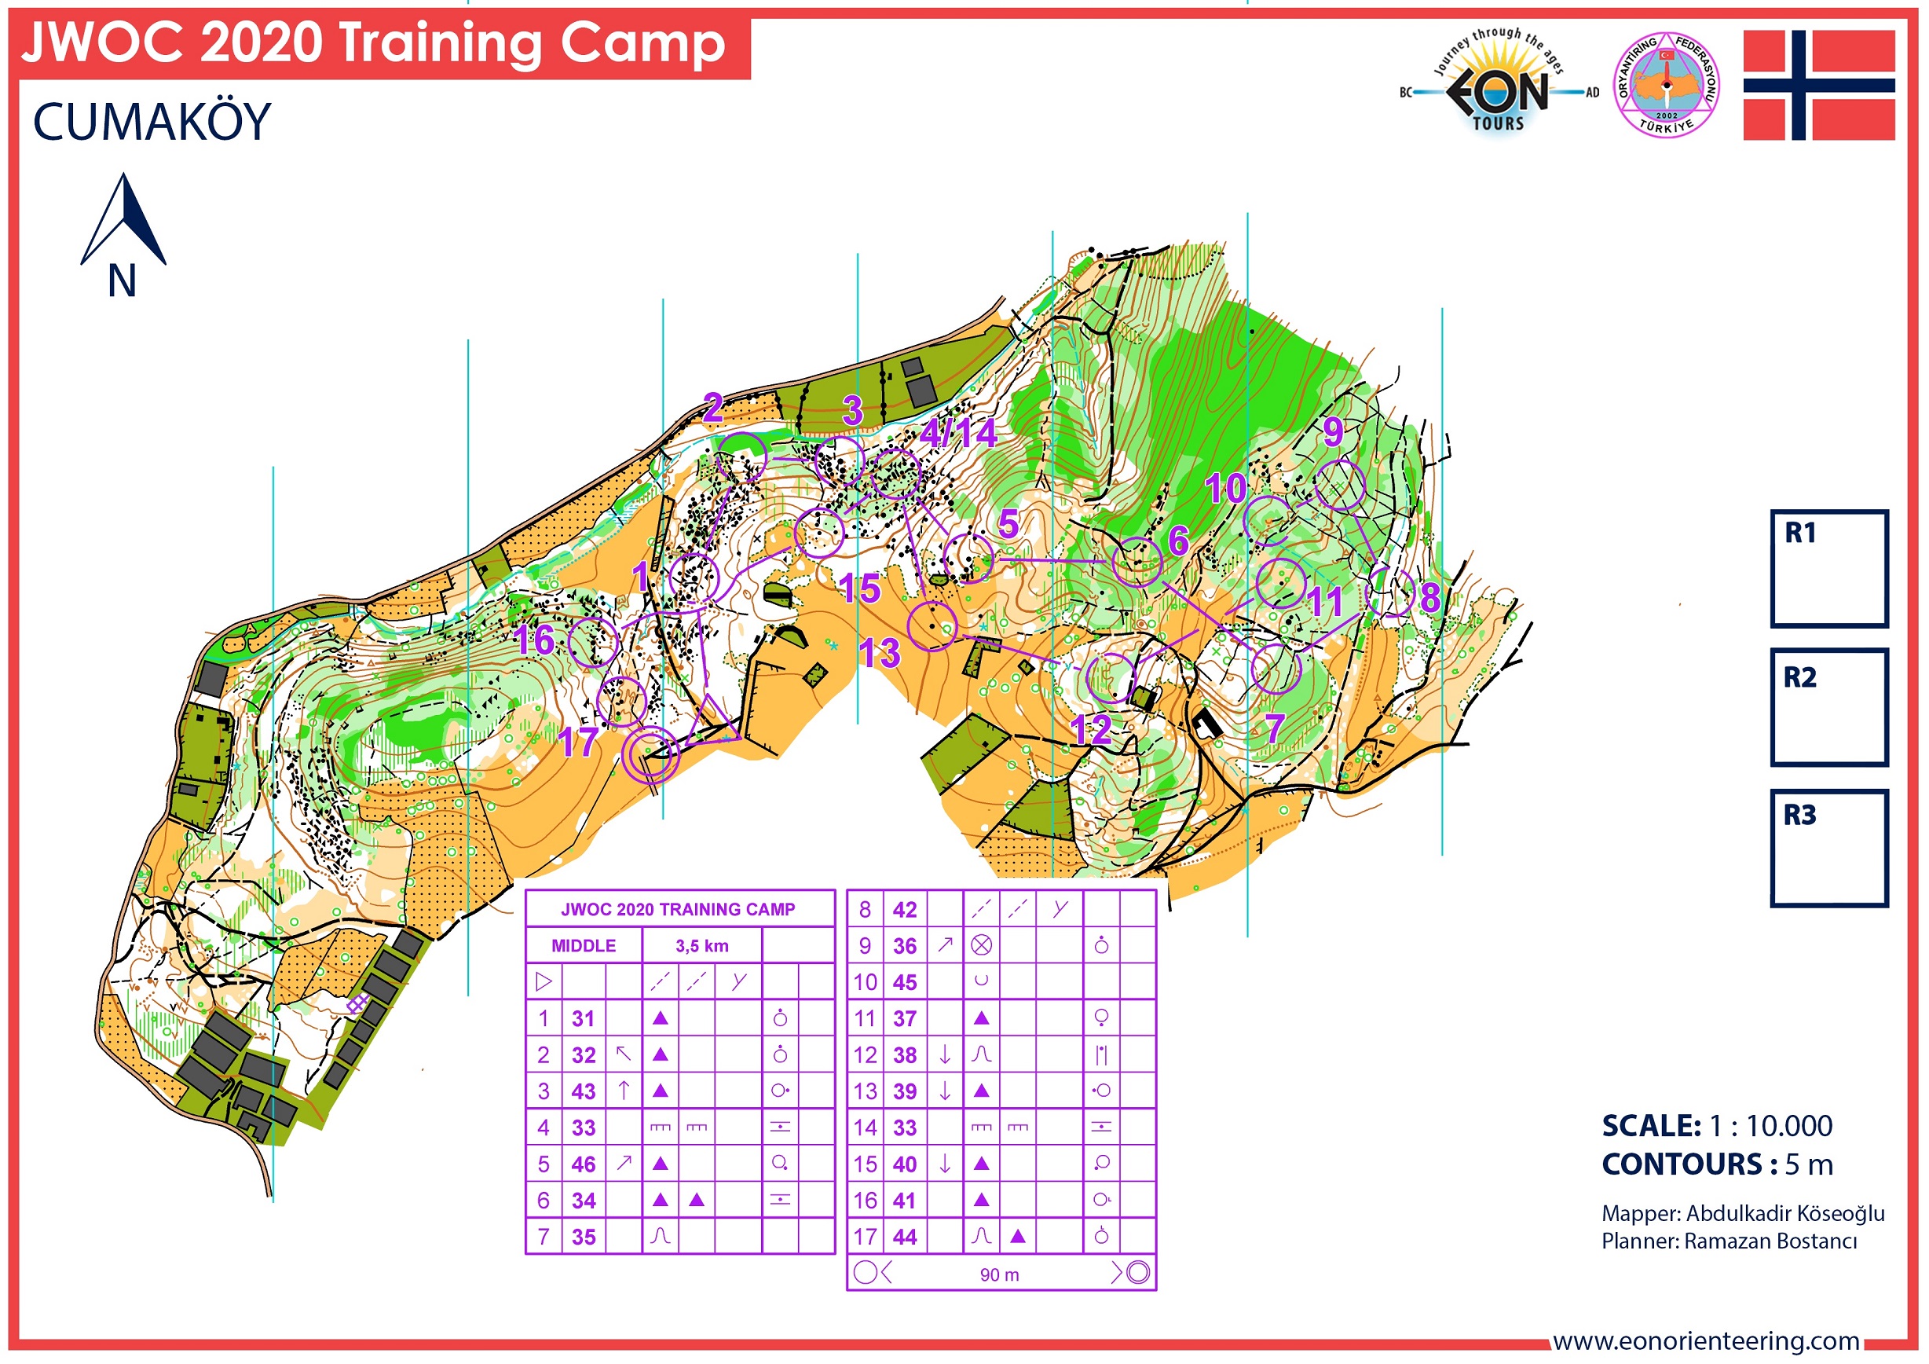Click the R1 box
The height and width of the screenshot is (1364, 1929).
coord(1828,569)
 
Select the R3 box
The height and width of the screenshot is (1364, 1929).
coord(1828,847)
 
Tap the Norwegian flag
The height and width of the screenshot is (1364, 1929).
coord(1818,85)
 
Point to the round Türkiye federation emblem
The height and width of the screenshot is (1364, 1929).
coord(1666,85)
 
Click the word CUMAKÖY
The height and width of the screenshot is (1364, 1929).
coord(152,122)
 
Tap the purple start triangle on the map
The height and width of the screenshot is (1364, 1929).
coord(710,721)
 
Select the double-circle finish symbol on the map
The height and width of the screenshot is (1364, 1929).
coord(652,753)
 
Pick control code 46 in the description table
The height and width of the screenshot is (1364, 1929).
coord(583,1164)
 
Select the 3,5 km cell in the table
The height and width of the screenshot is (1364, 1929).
coord(701,945)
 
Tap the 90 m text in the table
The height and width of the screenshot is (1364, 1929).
coord(999,1274)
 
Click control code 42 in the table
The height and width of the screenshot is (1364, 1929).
coord(904,909)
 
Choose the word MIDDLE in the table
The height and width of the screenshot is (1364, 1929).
coord(583,945)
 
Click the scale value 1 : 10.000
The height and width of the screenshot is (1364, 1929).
coord(1770,1125)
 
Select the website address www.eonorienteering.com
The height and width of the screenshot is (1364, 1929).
coord(1704,1340)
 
